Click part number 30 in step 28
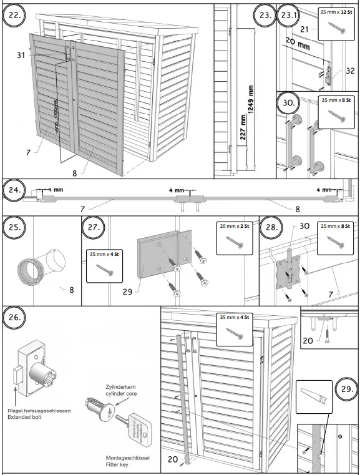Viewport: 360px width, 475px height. pyautogui.click(x=288, y=227)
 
